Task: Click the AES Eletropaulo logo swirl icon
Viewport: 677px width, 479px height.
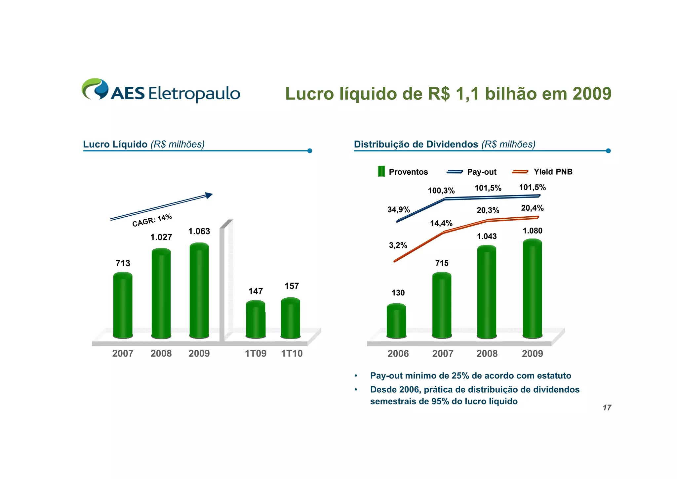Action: pos(95,89)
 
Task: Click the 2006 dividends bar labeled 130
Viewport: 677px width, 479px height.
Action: pos(396,321)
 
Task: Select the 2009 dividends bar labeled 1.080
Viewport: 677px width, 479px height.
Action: pos(532,288)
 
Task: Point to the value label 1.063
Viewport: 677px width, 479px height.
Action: pos(199,231)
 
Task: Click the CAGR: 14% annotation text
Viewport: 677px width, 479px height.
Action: pos(152,220)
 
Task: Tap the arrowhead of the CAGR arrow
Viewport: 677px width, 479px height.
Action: pos(209,195)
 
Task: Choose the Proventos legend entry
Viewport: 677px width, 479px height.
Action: pos(403,172)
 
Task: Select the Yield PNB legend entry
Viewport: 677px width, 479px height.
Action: pos(542,172)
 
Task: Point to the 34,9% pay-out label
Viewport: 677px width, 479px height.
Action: pos(399,209)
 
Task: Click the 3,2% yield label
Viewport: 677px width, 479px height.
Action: pos(398,245)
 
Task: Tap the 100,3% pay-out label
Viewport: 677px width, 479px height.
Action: pos(441,191)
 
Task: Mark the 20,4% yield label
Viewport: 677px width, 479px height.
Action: pos(532,208)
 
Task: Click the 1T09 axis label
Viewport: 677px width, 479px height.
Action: pos(256,354)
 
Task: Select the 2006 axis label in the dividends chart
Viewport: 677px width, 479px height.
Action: pos(398,354)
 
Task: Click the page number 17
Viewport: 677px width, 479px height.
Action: pos(607,408)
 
